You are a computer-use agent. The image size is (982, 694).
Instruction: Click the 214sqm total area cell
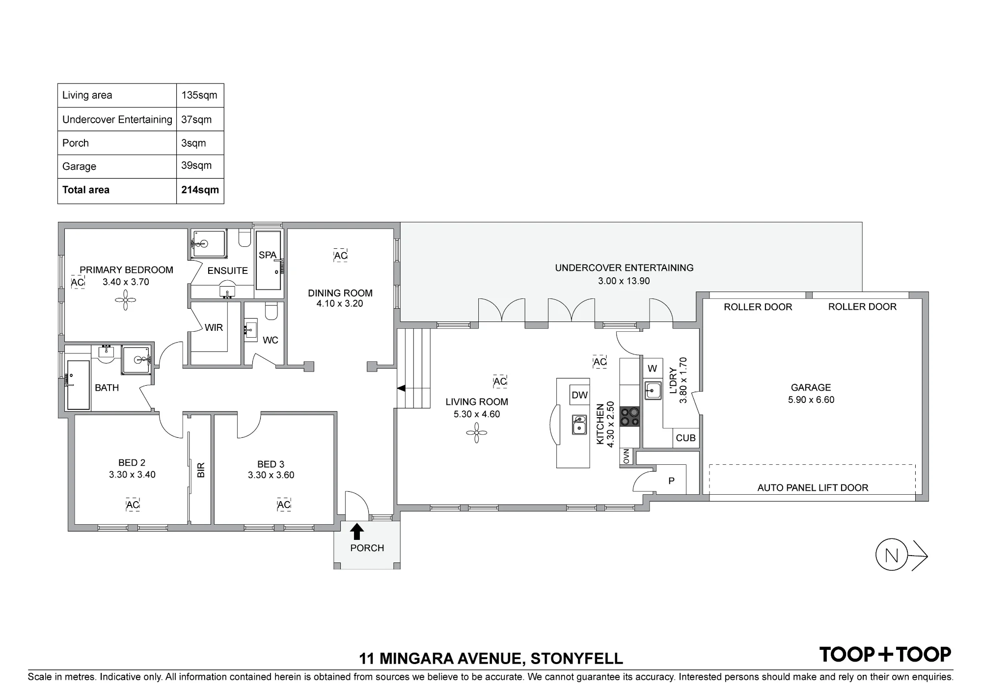200,190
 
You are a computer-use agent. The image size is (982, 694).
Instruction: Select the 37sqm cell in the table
196,119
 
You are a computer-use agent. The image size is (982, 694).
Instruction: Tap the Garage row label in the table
79,166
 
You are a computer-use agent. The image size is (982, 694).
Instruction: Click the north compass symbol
901,555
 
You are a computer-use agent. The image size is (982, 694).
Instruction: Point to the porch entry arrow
357,532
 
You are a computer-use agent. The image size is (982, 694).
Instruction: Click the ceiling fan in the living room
476,432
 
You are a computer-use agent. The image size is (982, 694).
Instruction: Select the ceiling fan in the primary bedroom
126,300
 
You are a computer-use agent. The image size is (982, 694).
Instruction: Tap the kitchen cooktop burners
629,417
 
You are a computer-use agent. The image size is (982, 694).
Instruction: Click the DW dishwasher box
579,395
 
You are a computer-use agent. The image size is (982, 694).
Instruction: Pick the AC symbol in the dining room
340,255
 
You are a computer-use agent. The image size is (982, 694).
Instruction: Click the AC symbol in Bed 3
284,505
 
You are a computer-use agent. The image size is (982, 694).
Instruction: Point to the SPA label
268,255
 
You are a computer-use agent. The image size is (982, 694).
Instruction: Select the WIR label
214,327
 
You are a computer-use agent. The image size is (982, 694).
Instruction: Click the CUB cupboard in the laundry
685,438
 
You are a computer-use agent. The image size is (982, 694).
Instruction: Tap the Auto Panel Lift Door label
813,487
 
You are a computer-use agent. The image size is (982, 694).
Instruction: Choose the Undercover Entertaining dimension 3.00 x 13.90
624,281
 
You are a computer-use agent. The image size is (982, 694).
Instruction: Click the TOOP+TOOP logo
885,654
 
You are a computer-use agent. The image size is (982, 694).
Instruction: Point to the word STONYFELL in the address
577,658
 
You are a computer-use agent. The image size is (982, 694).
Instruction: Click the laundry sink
653,391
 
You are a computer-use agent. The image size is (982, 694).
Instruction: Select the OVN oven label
626,456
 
